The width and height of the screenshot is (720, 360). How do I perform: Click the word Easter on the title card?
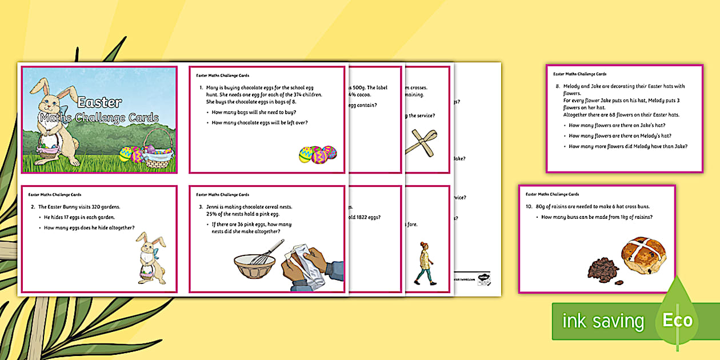coord(99,103)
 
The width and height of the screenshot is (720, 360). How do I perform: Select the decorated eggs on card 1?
coord(318,154)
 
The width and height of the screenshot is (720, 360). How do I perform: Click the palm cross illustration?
coord(421,143)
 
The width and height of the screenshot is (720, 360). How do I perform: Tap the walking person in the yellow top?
coord(423,262)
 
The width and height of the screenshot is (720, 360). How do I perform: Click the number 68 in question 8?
coord(611,115)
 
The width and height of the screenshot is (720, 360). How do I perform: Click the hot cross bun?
coord(642,258)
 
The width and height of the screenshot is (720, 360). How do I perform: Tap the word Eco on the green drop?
coord(677,321)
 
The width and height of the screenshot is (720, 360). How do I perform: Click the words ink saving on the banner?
coord(603,321)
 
